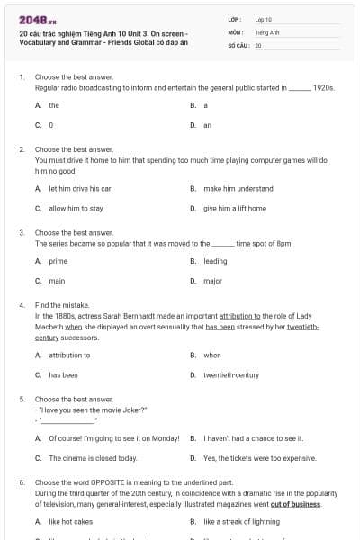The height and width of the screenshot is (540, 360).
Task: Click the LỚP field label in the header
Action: pos(234,18)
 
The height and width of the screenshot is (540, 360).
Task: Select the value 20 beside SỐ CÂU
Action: pos(258,44)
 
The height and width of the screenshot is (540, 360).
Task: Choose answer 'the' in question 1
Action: pos(54,105)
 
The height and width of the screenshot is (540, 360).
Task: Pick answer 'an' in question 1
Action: pos(207,125)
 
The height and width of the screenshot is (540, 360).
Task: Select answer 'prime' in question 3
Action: pos(58,261)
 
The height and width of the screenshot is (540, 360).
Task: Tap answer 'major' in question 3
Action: pos(212,281)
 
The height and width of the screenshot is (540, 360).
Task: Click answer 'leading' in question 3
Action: pos(215,261)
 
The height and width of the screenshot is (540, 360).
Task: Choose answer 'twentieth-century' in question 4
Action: pos(231,374)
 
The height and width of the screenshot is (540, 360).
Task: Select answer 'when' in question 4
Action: pos(211,355)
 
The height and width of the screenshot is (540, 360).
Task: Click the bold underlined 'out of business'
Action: pos(297,504)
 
